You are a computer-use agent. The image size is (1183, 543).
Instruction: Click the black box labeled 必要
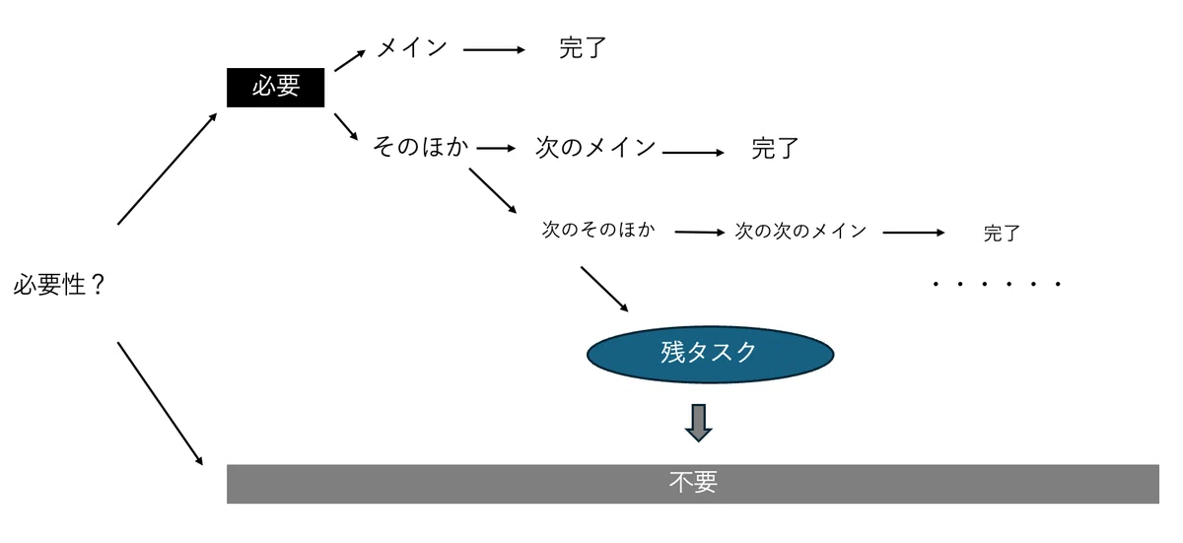coord(276,88)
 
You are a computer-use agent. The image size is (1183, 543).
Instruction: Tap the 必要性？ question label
coord(59,285)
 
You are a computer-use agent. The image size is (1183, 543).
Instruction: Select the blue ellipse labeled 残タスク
coord(711,354)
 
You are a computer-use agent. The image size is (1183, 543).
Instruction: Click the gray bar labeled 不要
coord(693,484)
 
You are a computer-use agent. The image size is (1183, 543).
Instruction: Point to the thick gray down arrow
coord(699,423)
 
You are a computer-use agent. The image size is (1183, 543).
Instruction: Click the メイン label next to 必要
coord(412,48)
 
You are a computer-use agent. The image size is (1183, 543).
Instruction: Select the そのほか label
coord(420,147)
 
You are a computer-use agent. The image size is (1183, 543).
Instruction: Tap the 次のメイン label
coord(595,147)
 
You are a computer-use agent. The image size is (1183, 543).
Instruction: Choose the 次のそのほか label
coord(598,230)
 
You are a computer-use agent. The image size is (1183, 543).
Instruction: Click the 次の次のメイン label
coord(800,232)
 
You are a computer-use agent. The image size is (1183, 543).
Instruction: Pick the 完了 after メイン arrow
coord(583,48)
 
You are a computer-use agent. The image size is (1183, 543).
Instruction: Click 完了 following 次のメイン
coord(775,148)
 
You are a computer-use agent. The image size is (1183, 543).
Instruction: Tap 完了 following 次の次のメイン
coord(1002,234)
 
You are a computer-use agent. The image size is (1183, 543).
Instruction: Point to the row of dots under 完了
coord(997,284)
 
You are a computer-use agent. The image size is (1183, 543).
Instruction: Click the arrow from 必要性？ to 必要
coord(168,169)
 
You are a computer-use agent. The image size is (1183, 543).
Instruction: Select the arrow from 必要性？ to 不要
coord(160,404)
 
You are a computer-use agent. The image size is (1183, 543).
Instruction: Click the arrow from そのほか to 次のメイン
coord(496,148)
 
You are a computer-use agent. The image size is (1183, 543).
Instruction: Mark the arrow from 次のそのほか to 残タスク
coord(604,289)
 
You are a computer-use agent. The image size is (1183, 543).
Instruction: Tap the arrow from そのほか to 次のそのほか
coord(493,191)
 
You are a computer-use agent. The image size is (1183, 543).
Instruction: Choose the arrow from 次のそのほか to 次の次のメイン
coord(700,233)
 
